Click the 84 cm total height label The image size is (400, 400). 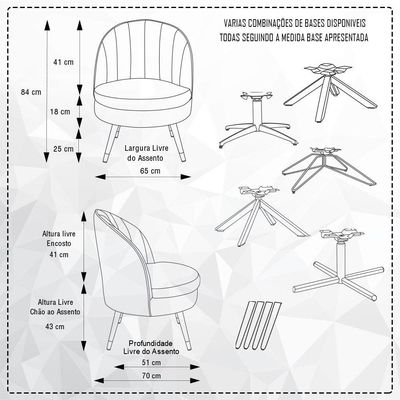point(31,92)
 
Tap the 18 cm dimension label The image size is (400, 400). point(60,112)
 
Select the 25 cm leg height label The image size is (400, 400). point(63,149)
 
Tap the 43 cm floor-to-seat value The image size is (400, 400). point(55,327)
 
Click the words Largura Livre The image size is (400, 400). point(146,148)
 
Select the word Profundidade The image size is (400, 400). point(151,343)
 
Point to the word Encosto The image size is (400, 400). point(59,244)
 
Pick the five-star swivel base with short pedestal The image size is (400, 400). point(256,120)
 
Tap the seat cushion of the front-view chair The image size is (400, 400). point(142,90)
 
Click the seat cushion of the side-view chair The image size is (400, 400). point(174,276)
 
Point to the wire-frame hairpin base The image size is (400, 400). point(328,170)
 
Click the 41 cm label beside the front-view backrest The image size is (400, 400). point(63,62)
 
